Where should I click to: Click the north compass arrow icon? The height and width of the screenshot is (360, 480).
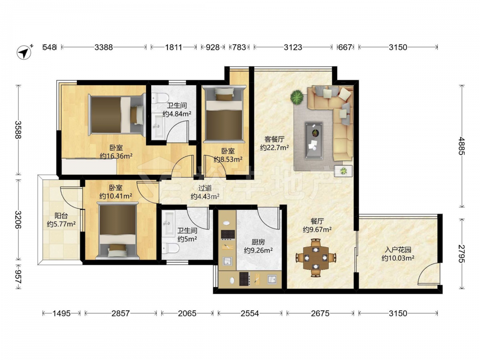(x=24, y=52)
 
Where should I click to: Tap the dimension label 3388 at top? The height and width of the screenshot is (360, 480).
(x=104, y=47)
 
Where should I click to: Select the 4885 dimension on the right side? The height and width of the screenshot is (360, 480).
(x=462, y=146)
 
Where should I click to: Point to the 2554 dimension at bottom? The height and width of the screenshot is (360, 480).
(x=250, y=313)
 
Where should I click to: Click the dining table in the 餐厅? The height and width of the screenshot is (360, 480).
(x=316, y=258)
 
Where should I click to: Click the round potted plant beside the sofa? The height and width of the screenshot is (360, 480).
(x=297, y=97)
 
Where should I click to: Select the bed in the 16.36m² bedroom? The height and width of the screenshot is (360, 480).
(x=117, y=115)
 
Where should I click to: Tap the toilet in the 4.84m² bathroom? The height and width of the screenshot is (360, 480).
(x=160, y=98)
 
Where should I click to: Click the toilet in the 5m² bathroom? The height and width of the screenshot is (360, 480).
(x=170, y=248)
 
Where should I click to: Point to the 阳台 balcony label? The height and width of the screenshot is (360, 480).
(x=61, y=216)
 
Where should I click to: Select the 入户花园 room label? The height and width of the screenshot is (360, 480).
(x=398, y=250)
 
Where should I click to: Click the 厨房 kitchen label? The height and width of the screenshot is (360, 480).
(x=258, y=242)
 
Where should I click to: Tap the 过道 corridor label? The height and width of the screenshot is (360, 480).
(x=205, y=188)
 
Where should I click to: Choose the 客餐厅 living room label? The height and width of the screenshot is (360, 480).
(x=274, y=139)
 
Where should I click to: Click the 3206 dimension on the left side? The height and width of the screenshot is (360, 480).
(x=18, y=220)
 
